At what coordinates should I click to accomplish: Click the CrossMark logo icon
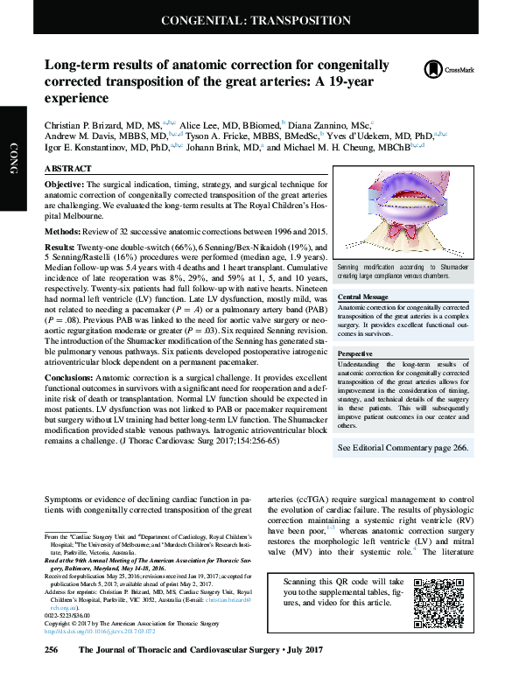(x=432, y=70)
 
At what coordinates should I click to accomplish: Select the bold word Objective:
(x=64, y=185)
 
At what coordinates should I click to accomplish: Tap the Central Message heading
(x=362, y=297)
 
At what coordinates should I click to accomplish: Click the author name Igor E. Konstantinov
(x=90, y=149)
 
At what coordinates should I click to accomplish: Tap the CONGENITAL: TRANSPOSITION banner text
(x=256, y=20)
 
